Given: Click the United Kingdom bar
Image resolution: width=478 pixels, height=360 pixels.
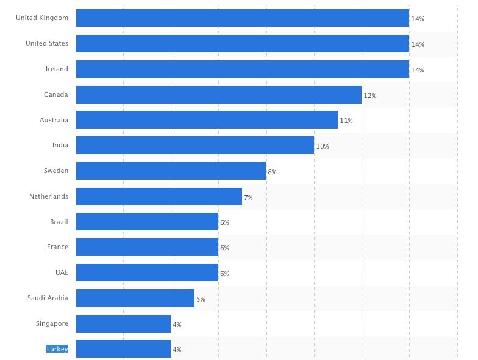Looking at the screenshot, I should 242,18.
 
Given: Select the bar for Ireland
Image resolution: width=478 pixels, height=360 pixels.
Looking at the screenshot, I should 242,69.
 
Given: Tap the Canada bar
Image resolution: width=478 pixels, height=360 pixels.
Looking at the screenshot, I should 218,95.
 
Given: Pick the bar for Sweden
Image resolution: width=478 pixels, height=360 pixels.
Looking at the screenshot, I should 171,171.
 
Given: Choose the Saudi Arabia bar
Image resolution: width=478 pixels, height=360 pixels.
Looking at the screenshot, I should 135,298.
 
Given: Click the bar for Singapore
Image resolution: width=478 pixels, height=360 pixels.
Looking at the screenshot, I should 123,324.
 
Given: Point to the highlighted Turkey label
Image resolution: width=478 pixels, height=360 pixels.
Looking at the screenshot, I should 57,349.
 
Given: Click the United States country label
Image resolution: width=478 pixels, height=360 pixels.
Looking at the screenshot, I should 47,44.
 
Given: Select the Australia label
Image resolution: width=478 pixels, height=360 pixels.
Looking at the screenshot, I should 54,120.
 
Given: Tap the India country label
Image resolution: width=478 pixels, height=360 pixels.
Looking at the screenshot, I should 60,146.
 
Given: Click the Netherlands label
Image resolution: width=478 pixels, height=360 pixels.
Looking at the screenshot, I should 49,196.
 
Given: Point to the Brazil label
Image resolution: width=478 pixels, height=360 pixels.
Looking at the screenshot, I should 59,222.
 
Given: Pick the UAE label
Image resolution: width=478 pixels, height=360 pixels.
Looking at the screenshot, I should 62,272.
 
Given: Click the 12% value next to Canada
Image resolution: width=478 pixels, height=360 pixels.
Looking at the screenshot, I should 370,96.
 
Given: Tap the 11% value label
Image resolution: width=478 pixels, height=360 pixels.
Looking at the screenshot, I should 346,121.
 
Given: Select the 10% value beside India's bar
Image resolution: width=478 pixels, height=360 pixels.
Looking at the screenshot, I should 323,147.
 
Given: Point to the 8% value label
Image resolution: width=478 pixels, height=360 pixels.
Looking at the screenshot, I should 272,172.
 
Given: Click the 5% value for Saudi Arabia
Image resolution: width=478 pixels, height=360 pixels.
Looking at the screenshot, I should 201,300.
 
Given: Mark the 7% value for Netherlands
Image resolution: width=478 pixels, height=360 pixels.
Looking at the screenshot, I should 248,197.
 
